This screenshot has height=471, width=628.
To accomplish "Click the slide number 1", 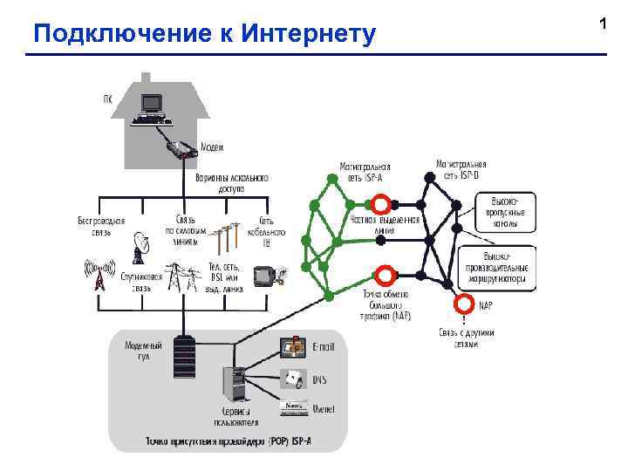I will click(603, 24).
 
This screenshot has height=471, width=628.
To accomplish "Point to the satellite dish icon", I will click(140, 249).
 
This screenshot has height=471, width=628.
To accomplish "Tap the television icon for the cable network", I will click(264, 276).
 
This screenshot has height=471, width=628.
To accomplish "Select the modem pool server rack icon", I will click(184, 358).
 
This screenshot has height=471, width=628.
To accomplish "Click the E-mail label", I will click(324, 345).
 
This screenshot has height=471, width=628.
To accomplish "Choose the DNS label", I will click(320, 379).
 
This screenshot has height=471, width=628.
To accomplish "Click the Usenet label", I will click(324, 408).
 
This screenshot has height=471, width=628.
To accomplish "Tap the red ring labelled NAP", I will click(461, 304).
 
